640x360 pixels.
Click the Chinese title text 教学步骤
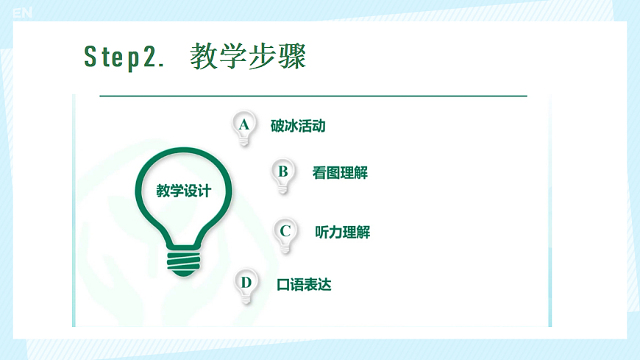point(247,57)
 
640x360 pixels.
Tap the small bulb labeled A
point(244,127)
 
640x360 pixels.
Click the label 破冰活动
point(298,126)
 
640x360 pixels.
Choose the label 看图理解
point(340,174)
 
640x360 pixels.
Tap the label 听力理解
point(342,233)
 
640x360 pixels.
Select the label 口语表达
point(304,284)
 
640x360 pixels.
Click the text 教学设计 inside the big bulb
point(184,191)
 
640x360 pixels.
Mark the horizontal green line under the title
point(313,96)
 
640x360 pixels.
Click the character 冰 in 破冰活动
point(291,126)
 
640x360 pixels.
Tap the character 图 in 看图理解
point(333,174)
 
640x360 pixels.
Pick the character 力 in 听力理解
point(335,233)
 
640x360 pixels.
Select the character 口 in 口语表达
point(283,284)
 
